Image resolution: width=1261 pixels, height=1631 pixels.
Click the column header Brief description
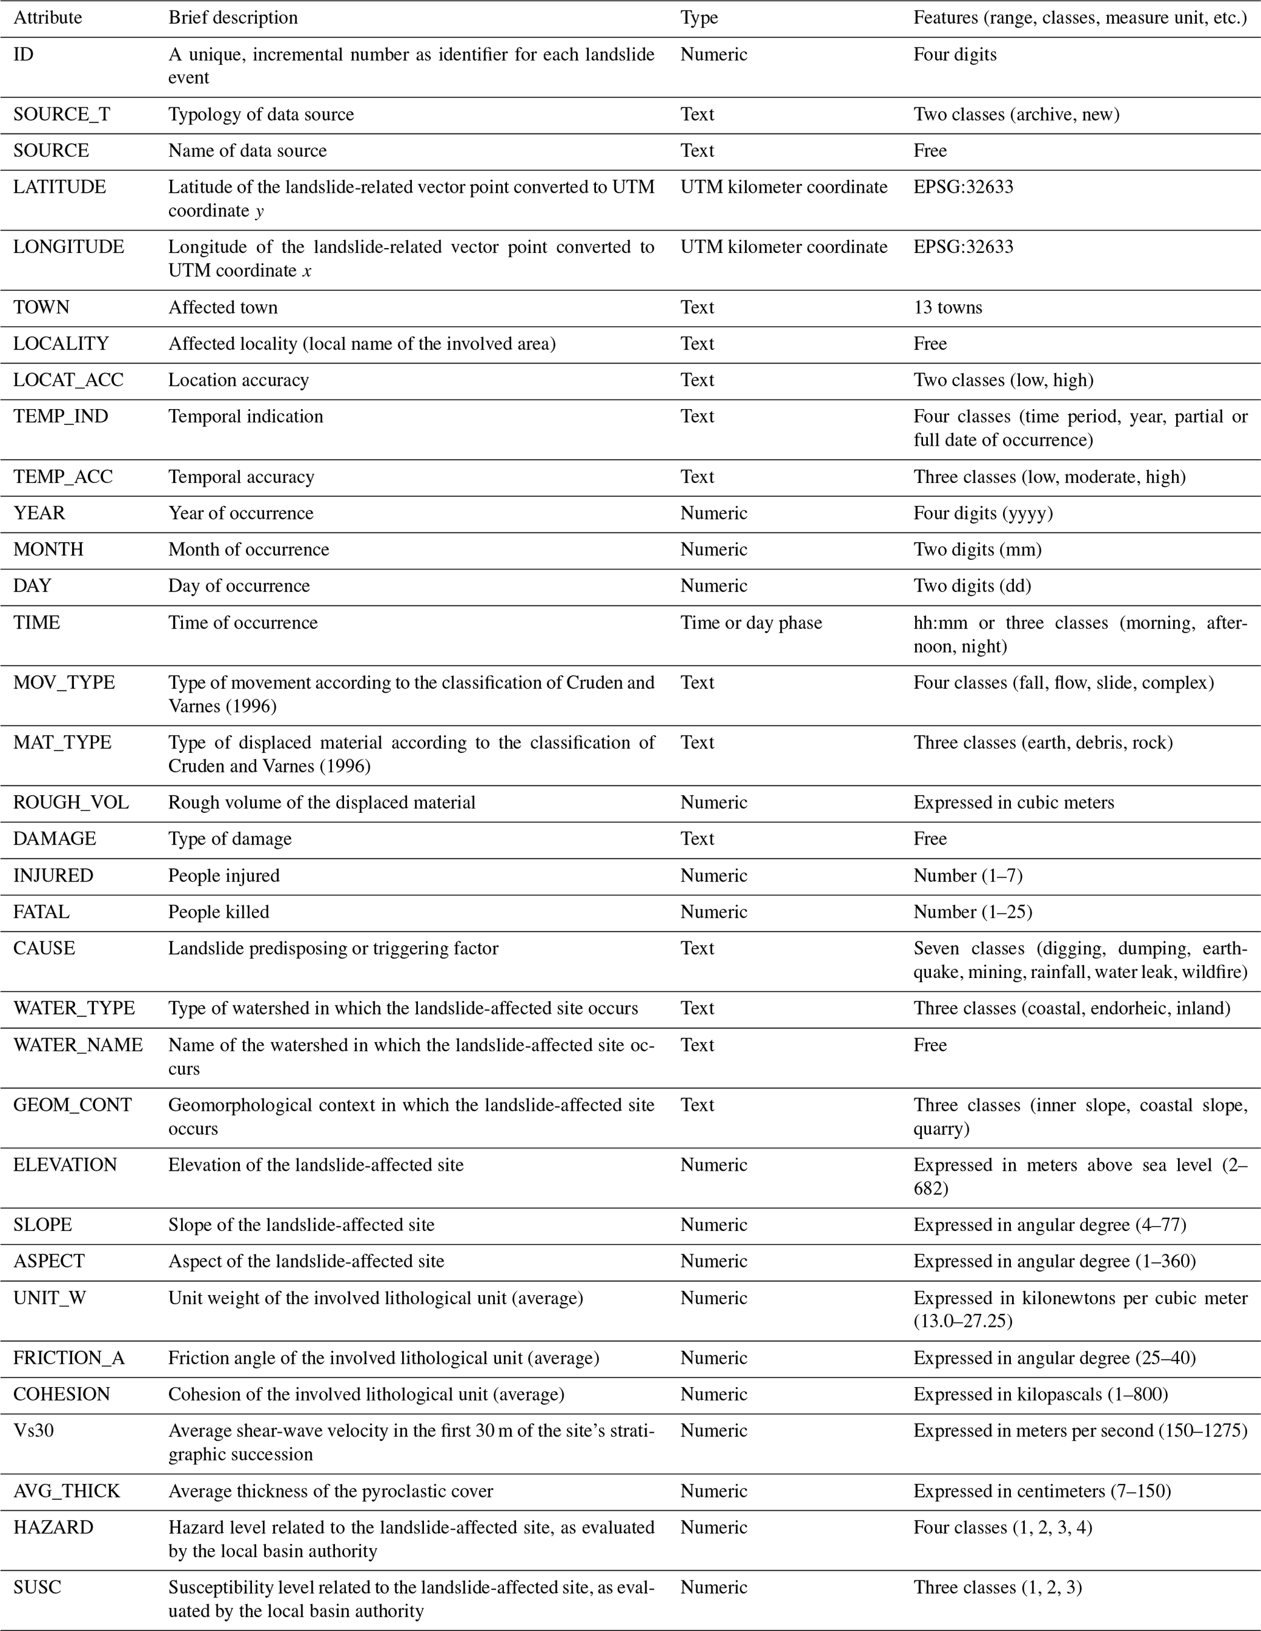click(233, 17)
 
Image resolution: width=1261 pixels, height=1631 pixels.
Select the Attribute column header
click(48, 17)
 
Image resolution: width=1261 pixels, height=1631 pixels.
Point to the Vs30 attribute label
click(34, 1431)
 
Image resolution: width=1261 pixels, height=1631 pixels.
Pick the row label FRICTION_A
click(69, 1358)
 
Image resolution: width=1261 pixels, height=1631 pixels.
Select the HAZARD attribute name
click(53, 1527)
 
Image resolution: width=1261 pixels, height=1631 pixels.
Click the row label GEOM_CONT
click(73, 1105)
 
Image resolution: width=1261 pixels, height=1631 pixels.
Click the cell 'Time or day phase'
click(751, 623)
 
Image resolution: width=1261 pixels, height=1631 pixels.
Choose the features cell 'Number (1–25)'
click(972, 912)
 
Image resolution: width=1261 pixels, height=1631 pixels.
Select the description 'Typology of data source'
click(260, 114)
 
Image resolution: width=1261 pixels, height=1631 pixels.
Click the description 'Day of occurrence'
click(239, 585)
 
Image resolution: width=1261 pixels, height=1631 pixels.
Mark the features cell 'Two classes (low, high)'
click(1004, 380)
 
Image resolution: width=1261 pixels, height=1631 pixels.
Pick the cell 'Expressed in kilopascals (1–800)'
click(1041, 1394)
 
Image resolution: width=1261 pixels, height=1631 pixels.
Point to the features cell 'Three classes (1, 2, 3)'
click(997, 1587)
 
